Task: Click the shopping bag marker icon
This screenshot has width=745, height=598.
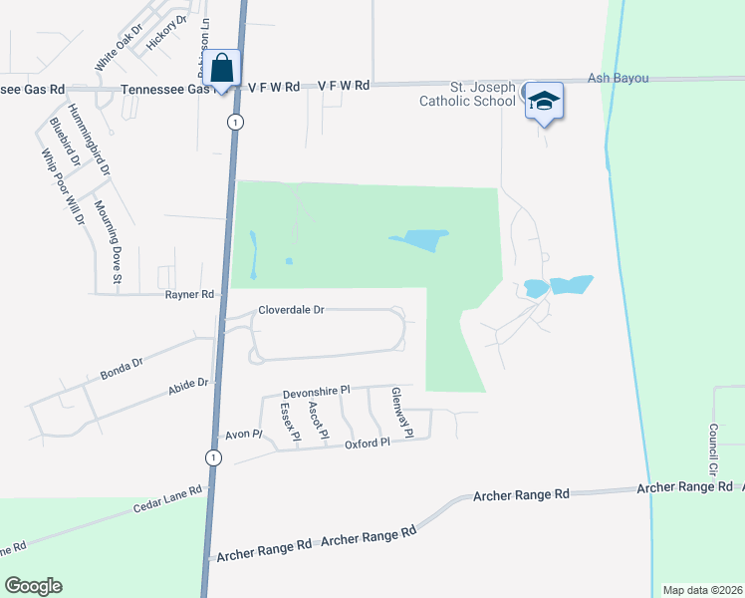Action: tap(224, 70)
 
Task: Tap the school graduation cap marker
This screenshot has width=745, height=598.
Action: tap(544, 101)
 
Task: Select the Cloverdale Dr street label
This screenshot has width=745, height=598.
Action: tap(292, 310)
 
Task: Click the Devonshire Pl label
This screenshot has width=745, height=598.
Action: tap(318, 392)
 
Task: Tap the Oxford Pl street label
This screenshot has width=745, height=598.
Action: tap(367, 443)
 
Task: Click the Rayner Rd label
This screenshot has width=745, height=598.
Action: tap(190, 294)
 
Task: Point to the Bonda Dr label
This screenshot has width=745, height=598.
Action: tap(123, 368)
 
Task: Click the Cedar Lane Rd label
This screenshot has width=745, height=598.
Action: tap(168, 501)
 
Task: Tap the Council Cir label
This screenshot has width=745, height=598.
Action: tap(713, 448)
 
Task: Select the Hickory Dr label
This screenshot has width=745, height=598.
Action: tap(166, 32)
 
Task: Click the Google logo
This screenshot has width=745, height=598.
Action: tap(33, 586)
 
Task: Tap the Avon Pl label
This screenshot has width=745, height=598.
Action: tap(242, 435)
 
